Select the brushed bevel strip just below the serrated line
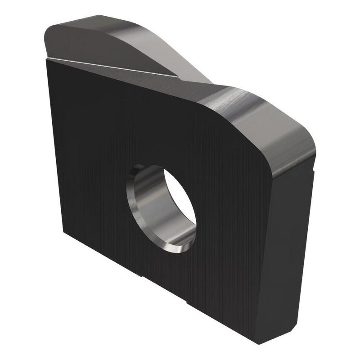[135, 74]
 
